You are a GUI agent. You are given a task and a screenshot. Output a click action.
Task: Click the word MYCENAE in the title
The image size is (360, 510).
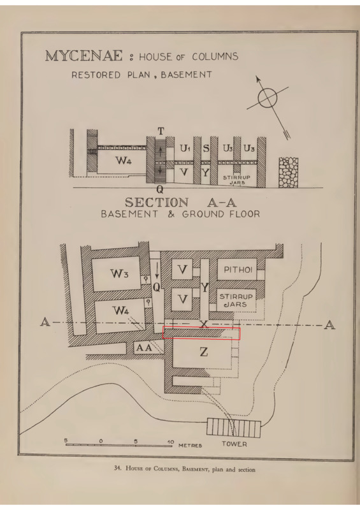click(x=84, y=56)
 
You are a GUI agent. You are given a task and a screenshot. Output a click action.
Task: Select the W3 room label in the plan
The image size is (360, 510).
click(x=119, y=273)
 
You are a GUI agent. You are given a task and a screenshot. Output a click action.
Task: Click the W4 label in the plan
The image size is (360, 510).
click(x=120, y=310)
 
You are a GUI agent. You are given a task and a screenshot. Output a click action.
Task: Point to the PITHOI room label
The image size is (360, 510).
click(x=238, y=270)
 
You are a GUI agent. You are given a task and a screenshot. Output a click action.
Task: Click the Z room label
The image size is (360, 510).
click(x=204, y=352)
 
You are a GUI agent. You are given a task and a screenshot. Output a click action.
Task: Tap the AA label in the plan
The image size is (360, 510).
click(x=144, y=347)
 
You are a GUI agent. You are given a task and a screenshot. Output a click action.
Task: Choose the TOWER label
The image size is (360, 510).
click(x=234, y=444)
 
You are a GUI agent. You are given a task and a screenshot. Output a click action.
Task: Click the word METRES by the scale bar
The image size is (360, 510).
click(x=191, y=445)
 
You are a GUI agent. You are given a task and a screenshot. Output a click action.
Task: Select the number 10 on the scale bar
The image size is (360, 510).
click(x=170, y=442)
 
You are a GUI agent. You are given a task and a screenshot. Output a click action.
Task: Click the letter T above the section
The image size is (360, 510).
click(x=161, y=131)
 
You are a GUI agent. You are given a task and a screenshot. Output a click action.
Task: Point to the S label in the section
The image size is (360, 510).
click(x=206, y=149)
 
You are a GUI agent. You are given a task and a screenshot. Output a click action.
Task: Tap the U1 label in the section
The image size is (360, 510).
click(x=185, y=149)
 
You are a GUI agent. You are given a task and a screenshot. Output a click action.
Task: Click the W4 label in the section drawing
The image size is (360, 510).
click(x=123, y=160)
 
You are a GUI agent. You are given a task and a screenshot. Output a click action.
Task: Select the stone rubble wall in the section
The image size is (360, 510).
click(x=289, y=172)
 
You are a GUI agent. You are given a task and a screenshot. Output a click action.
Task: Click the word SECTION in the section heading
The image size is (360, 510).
click(x=157, y=203)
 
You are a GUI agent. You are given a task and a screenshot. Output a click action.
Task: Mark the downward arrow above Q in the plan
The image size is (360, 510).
click(x=157, y=270)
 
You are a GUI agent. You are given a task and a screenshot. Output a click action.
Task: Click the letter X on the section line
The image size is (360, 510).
click(x=204, y=324)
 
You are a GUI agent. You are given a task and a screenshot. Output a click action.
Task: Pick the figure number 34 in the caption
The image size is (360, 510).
click(x=117, y=469)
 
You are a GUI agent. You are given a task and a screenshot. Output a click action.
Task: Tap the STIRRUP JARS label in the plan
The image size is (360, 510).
click(x=236, y=300)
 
